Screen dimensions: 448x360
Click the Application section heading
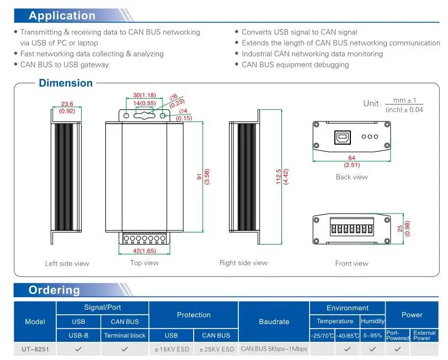(62, 15)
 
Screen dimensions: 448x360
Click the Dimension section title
(66, 83)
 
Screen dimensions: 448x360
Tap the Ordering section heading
(54, 290)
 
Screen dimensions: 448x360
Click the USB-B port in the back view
(342, 137)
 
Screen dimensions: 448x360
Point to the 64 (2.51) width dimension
(351, 161)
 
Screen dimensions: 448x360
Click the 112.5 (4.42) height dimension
(282, 177)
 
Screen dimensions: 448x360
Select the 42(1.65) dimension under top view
(145, 251)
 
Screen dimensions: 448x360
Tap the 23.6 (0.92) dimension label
(67, 108)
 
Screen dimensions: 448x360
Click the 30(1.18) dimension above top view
(145, 95)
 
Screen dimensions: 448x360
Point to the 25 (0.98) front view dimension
(404, 229)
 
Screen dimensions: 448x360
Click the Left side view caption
(67, 263)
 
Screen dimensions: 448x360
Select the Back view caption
(351, 177)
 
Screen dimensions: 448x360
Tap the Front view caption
(351, 263)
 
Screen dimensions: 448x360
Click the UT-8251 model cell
(35, 349)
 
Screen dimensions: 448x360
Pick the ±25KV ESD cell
(216, 349)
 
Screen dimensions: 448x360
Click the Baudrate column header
(274, 322)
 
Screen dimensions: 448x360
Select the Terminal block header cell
(125, 335)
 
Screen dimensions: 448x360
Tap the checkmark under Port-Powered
(397, 349)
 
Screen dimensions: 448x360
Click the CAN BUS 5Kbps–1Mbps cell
(274, 349)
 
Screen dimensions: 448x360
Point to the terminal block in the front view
(351, 227)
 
